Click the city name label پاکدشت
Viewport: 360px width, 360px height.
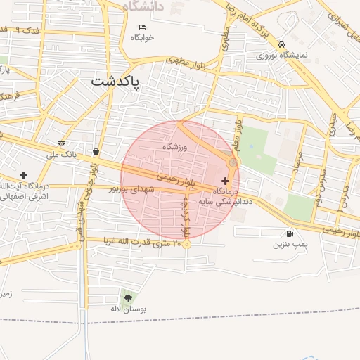[116, 82]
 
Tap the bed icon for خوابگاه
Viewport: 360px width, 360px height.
[142, 27]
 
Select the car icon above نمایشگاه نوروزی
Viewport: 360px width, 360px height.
[281, 42]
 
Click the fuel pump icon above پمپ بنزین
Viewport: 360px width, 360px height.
[290, 233]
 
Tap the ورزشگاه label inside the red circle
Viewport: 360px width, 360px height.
[176, 147]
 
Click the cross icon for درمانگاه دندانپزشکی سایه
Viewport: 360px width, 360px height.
[224, 181]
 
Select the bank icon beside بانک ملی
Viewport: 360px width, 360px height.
[61, 143]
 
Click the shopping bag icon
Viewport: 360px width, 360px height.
[95, 151]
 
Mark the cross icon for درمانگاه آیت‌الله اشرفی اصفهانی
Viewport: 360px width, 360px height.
[24, 174]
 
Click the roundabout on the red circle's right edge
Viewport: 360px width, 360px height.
[232, 162]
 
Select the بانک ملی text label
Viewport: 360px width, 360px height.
[61, 153]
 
